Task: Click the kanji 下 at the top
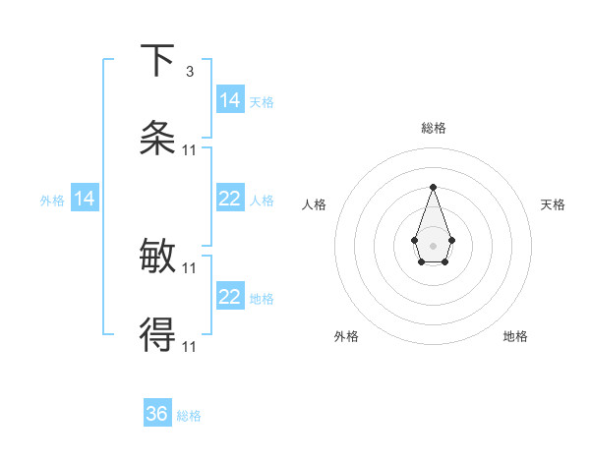[157, 60]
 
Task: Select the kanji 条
[157, 139]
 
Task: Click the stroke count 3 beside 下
[190, 71]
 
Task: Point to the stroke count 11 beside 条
[190, 149]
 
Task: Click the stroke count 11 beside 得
[190, 347]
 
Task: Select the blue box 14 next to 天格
[230, 100]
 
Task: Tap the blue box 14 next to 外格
[85, 200]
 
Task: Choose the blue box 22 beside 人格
[230, 200]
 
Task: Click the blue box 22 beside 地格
[230, 298]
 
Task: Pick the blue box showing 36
[157, 415]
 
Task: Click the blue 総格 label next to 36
[189, 416]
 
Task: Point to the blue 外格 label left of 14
[52, 201]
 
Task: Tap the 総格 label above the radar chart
[434, 128]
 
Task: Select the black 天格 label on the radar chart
[553, 204]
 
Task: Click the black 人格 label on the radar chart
[315, 204]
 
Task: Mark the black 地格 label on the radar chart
[515, 337]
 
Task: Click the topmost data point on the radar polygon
[433, 187]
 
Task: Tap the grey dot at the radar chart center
[433, 245]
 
